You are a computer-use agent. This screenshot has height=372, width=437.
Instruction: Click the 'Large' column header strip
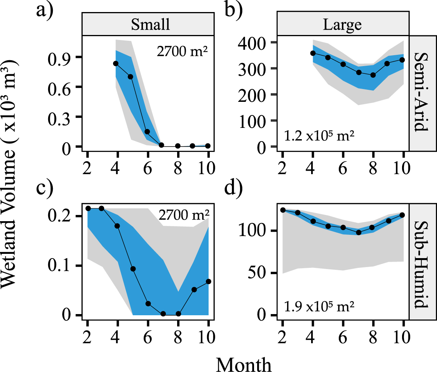(x=343, y=24)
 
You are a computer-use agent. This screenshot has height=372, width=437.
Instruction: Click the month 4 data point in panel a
(x=116, y=63)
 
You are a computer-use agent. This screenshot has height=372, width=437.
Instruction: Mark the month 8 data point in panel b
(x=373, y=75)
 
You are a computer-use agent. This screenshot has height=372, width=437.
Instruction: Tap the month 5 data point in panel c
(x=133, y=269)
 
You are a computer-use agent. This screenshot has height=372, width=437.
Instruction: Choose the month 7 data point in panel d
(x=359, y=232)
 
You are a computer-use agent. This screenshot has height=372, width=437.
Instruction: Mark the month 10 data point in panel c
(x=209, y=281)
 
